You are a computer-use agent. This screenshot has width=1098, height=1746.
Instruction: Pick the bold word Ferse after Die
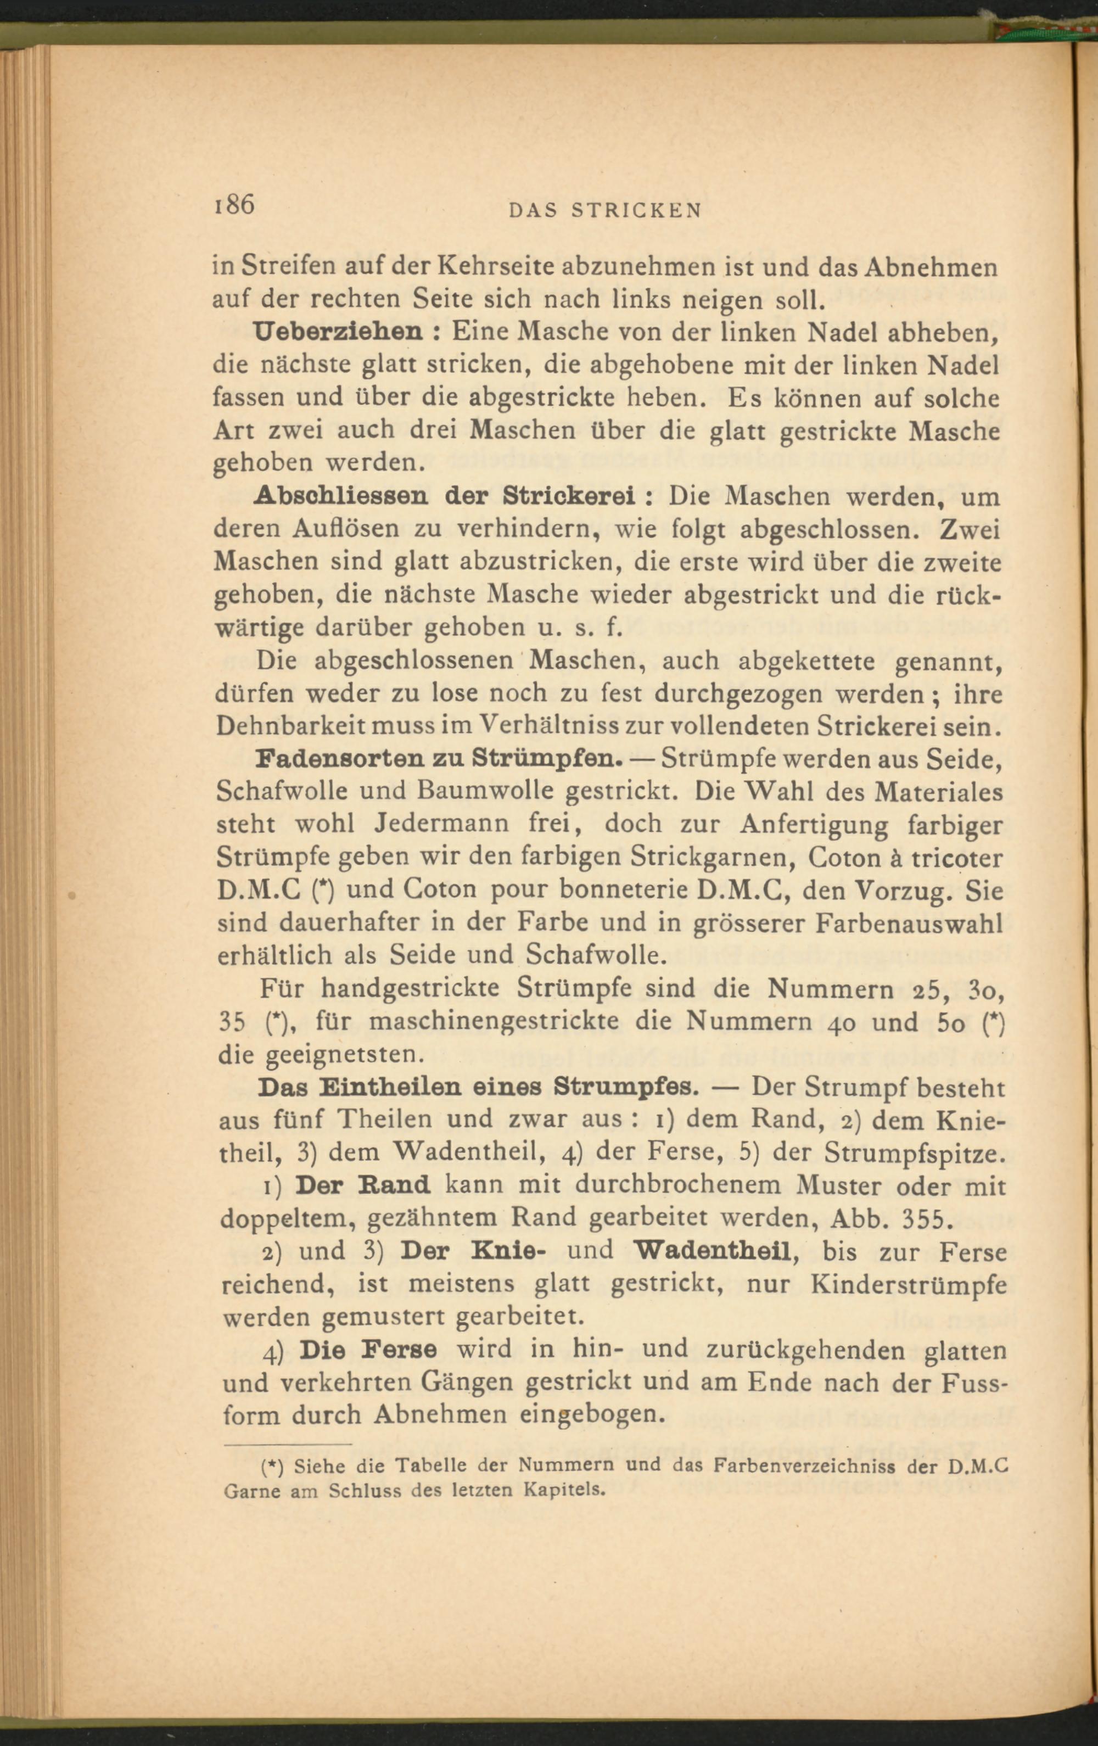point(399,1350)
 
